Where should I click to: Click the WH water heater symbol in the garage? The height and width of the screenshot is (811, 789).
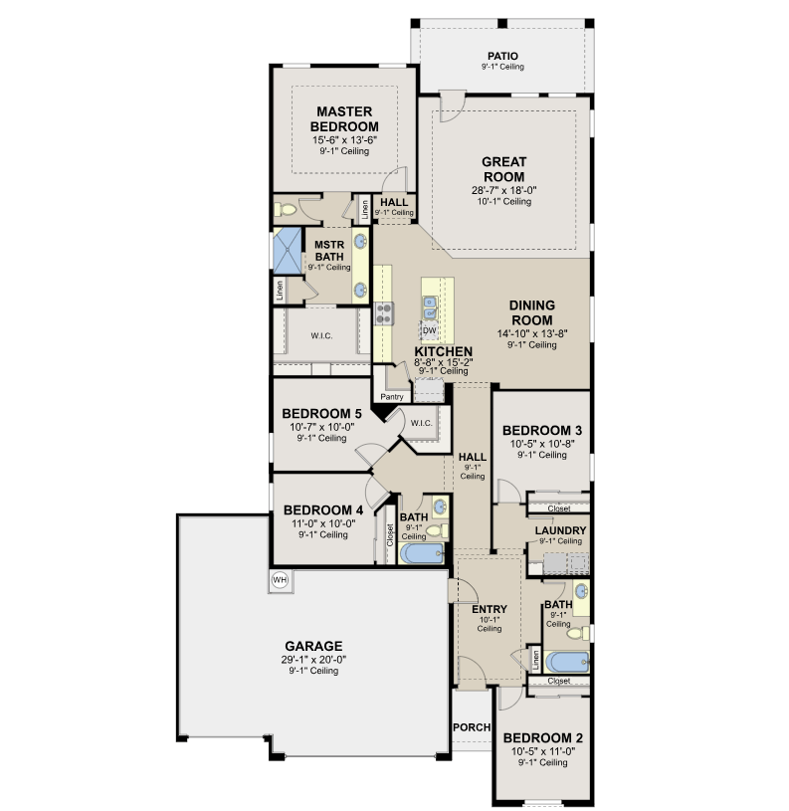280,580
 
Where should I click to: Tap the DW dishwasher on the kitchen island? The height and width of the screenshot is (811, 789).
429,330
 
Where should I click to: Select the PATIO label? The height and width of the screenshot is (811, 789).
502,56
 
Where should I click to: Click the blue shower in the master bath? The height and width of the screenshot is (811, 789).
287,251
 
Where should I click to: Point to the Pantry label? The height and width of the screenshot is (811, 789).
391,397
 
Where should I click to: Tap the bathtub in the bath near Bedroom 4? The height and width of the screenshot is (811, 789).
422,553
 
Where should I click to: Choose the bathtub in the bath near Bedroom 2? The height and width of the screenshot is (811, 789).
567,663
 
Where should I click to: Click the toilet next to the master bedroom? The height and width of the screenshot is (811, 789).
285,210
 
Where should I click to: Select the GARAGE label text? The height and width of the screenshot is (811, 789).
313,646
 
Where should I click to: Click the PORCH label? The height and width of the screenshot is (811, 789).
472,727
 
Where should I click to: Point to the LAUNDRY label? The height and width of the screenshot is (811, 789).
560,530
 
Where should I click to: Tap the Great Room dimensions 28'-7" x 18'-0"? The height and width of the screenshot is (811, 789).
503,190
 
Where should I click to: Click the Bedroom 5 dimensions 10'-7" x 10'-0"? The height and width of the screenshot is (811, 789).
321,427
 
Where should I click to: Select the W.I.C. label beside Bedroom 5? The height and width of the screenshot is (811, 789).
422,423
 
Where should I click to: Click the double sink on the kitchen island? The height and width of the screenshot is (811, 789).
430,307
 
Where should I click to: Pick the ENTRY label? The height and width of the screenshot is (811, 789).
490,609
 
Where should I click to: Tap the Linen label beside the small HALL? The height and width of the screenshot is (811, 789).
365,210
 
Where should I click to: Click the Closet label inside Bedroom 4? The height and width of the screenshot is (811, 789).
390,534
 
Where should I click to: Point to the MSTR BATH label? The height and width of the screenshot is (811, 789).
329,251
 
